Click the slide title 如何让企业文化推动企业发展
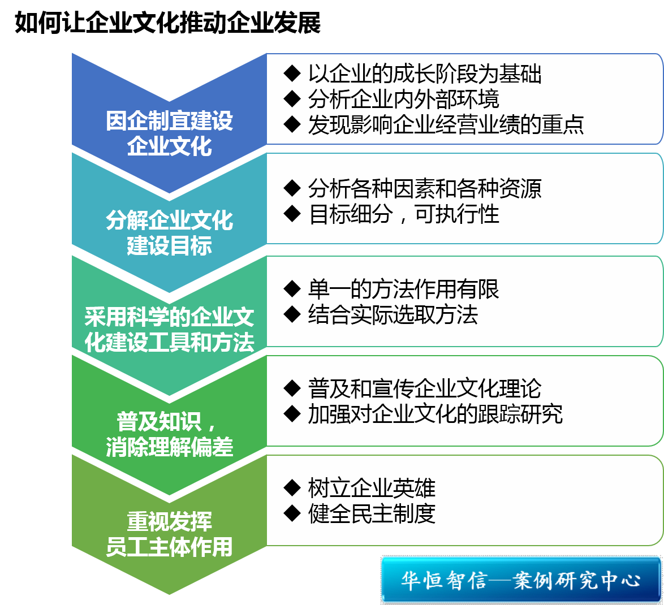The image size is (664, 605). [x=167, y=23]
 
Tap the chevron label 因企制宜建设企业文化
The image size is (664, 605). [x=169, y=133]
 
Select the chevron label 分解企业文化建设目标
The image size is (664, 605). [x=169, y=233]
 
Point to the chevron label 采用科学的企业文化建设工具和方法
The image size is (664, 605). [x=169, y=330]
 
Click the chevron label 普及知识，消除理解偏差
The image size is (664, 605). [x=169, y=434]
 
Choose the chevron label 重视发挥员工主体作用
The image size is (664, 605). [x=169, y=534]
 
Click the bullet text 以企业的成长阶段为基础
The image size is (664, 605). [x=425, y=74]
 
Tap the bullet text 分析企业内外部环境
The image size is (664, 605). [x=404, y=99]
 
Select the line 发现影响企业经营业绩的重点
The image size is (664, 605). [x=446, y=124]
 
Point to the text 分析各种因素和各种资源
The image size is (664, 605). [x=425, y=188]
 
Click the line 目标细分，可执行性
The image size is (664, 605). [x=404, y=214]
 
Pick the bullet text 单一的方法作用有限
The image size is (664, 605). [x=404, y=289]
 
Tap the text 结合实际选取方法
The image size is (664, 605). [x=393, y=314]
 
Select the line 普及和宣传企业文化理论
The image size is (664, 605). [x=425, y=388]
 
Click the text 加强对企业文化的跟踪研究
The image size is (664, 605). [x=436, y=414]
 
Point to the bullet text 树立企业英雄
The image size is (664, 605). [x=372, y=488]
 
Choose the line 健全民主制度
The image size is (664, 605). [x=372, y=513]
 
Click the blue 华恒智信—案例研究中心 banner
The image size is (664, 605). [x=521, y=580]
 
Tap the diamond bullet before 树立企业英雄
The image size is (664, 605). [x=292, y=488]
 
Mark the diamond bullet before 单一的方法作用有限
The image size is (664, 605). [x=292, y=289]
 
